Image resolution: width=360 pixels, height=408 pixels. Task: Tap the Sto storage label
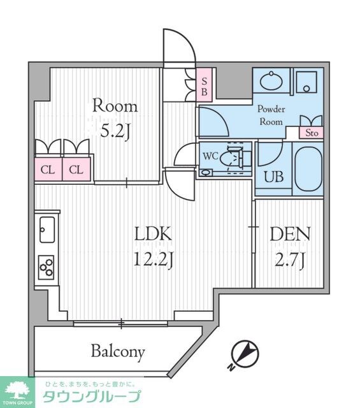[312, 133]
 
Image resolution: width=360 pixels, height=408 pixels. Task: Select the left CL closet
[48, 170]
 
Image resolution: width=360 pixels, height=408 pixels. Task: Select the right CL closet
[76, 170]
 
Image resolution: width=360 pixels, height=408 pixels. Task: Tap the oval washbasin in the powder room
[271, 81]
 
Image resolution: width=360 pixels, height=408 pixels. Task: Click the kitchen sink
[47, 229]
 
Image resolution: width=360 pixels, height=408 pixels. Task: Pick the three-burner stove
[47, 267]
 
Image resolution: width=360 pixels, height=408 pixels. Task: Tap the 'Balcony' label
[118, 351]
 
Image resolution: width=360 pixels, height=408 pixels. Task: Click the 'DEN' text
[290, 234]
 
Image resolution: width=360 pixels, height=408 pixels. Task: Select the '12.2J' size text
[153, 260]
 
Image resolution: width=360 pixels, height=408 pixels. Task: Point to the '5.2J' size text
[115, 132]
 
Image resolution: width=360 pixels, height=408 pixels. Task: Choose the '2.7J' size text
[289, 260]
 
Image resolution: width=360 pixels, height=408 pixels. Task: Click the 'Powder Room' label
[271, 115]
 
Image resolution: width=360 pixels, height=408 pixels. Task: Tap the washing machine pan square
[307, 82]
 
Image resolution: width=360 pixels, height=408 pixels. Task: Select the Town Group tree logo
[17, 391]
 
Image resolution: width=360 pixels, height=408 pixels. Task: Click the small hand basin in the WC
[206, 173]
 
